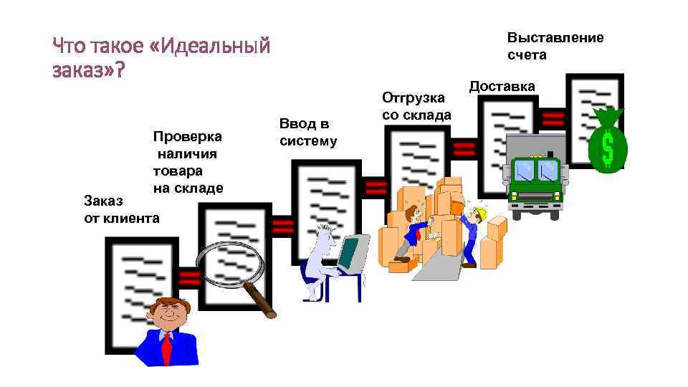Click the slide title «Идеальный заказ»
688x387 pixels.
point(161,59)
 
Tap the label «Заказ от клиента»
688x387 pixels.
point(121,208)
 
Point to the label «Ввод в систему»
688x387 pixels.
point(307,133)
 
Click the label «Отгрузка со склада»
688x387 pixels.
point(416,105)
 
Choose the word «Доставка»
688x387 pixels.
point(502,87)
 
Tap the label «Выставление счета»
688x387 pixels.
point(555,46)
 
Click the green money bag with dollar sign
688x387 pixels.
point(607,143)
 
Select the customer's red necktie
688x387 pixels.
point(167,348)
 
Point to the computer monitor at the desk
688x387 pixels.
point(350,254)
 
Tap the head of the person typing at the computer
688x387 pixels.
point(327,233)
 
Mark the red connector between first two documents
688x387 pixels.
point(190,278)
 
